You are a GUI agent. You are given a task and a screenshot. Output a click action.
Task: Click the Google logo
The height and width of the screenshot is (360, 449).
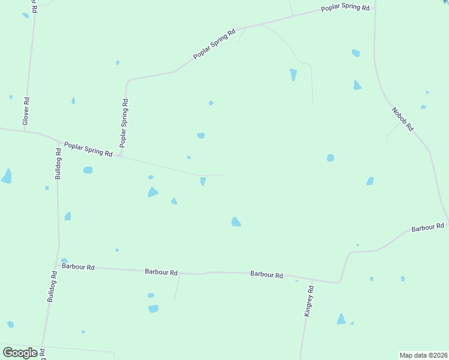click(20, 353)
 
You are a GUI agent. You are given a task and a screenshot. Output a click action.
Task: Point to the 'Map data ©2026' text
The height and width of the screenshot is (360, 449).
click(424, 355)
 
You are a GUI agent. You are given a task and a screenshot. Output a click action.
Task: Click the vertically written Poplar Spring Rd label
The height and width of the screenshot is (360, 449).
click(124, 123)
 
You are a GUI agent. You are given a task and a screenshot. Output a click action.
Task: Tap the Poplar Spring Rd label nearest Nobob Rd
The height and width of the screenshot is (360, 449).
click(345, 8)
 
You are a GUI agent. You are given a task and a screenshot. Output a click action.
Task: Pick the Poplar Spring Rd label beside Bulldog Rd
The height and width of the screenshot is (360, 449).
click(88, 149)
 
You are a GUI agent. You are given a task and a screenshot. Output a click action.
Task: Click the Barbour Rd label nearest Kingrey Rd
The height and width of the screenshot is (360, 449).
click(267, 274)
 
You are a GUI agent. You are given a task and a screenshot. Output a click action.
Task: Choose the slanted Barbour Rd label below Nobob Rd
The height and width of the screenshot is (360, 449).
click(427, 227)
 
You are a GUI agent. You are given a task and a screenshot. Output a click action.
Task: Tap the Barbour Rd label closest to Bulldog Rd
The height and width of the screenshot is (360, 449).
click(78, 266)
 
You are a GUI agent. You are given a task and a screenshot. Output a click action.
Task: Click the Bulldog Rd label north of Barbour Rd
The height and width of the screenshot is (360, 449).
click(58, 164)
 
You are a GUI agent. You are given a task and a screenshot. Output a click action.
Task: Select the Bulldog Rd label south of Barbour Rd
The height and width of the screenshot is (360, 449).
click(52, 287)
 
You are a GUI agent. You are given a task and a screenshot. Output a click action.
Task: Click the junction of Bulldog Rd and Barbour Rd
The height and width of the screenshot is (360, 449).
click(58, 266)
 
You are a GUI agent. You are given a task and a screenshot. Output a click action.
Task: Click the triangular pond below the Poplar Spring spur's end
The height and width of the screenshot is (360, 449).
click(203, 181)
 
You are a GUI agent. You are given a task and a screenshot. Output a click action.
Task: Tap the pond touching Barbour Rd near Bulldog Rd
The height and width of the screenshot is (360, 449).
click(64, 261)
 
